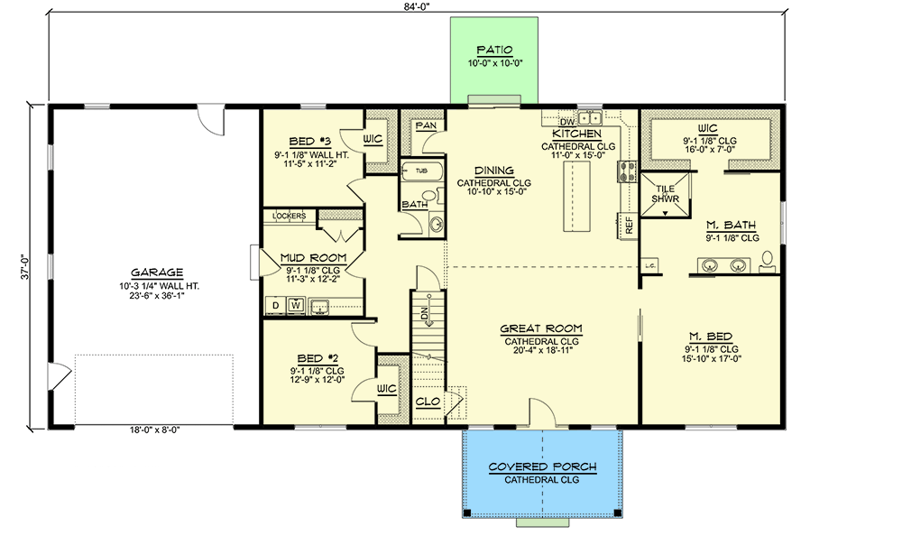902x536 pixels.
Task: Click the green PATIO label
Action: tap(494, 51)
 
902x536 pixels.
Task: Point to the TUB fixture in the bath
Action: tap(420, 170)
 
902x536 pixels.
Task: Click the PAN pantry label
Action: tap(424, 126)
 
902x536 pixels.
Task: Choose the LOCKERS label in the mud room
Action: tap(288, 217)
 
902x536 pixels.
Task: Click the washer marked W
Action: tap(294, 306)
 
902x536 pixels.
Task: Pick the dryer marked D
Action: tap(275, 306)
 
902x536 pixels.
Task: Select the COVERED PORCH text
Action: tap(541, 467)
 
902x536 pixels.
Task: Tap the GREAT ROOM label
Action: tap(541, 328)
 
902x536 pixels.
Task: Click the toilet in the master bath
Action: tap(768, 262)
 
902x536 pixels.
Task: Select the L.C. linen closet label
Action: tap(649, 265)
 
